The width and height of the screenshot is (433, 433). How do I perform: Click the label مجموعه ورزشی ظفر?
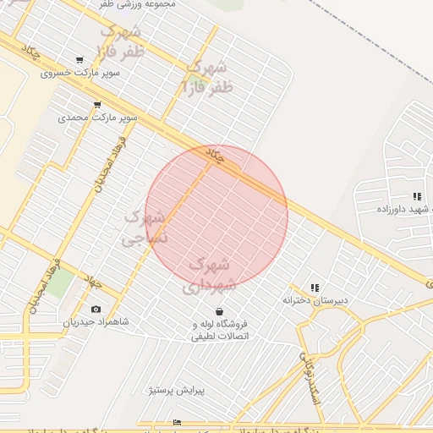click(139, 4)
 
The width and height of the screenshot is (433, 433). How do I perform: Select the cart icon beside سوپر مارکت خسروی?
click(79, 60)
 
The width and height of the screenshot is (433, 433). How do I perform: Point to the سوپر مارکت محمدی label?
click(97, 118)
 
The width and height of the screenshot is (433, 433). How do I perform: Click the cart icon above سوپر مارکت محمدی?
click(97, 105)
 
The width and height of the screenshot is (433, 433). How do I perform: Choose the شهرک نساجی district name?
click(145, 227)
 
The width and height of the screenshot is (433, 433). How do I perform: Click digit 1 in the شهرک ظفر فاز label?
click(186, 86)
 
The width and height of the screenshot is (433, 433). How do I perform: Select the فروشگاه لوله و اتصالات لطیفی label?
click(221, 330)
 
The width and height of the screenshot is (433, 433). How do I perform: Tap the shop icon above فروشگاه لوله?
click(220, 311)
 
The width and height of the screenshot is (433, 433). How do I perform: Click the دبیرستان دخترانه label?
click(315, 300)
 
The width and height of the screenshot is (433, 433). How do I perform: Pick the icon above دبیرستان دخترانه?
click(315, 288)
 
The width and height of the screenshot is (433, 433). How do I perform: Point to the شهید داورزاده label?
click(406, 209)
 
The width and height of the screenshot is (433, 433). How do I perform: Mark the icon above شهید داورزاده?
click(417, 196)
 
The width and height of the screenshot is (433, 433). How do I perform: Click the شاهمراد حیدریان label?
click(96, 322)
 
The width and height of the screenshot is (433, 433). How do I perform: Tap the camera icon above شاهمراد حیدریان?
click(96, 310)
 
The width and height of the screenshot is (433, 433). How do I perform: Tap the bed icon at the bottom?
click(177, 422)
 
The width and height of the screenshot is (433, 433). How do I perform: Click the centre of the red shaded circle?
click(216, 216)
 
